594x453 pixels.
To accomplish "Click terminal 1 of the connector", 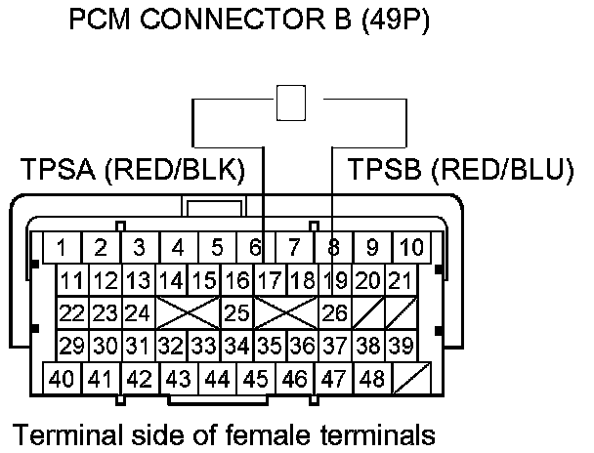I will click(62, 246).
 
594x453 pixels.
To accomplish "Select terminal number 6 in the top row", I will click(256, 246).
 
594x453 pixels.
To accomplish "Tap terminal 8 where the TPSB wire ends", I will click(333, 246).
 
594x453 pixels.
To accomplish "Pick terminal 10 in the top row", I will click(412, 246).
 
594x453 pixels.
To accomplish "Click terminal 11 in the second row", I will click(70, 281).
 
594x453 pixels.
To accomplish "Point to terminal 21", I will click(398, 281).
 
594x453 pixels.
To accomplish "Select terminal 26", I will click(334, 314).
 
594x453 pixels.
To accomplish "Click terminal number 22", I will click(70, 314).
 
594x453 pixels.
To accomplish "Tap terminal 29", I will click(70, 346).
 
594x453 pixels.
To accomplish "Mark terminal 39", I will click(398, 346).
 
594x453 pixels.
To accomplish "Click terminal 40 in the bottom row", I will click(62, 379).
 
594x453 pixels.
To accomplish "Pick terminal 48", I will click(371, 379).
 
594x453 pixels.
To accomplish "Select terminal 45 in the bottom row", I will click(256, 379).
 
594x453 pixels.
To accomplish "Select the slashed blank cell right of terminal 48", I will click(409, 379).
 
